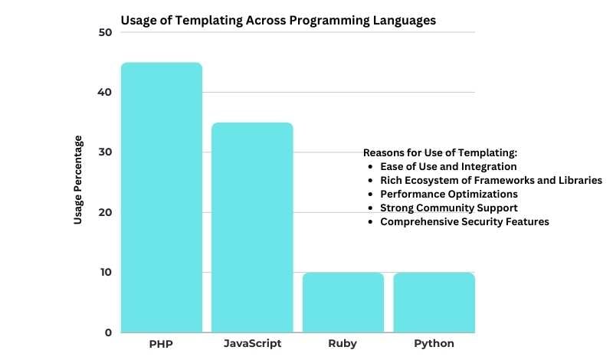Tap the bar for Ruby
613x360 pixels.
pyautogui.click(x=343, y=302)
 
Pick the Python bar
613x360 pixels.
pyautogui.click(x=434, y=302)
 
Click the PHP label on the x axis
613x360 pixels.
pyautogui.click(x=160, y=344)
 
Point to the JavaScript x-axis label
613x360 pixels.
pyautogui.click(x=252, y=344)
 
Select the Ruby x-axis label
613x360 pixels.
pyautogui.click(x=343, y=344)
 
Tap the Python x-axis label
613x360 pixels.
pyautogui.click(x=434, y=344)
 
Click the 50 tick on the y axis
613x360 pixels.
pyautogui.click(x=105, y=32)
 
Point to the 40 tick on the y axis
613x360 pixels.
pyautogui.click(x=105, y=92)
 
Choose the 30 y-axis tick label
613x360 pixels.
pyautogui.click(x=105, y=152)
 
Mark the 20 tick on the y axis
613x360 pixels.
pyautogui.click(x=105, y=212)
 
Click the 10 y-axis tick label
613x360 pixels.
pyautogui.click(x=105, y=272)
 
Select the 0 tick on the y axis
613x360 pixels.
pyautogui.click(x=108, y=332)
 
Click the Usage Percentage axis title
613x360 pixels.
pyautogui.click(x=78, y=180)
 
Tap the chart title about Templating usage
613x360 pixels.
pyautogui.click(x=278, y=21)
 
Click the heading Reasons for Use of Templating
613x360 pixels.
pyautogui.click(x=440, y=152)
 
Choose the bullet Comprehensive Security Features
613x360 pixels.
pyautogui.click(x=464, y=221)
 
